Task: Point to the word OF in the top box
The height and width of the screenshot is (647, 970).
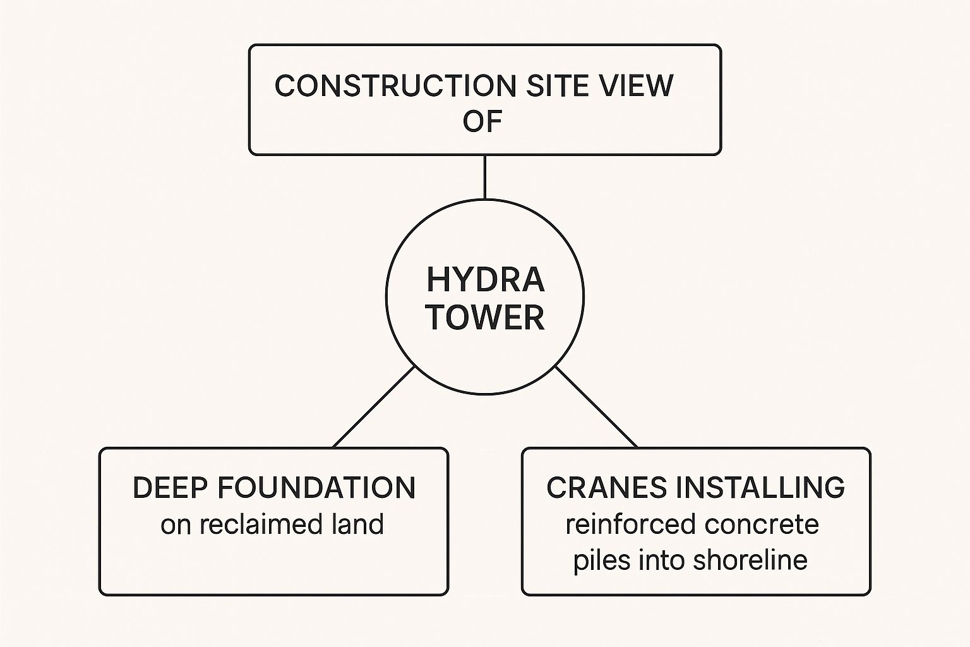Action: [x=482, y=121]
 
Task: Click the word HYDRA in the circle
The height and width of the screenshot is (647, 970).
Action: [x=485, y=280]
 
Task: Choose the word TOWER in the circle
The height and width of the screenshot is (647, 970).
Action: [x=485, y=317]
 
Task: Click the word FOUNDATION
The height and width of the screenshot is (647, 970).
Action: [x=316, y=488]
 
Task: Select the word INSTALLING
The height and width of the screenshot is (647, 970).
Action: [x=760, y=488]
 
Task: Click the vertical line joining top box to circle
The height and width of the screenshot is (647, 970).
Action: [x=484, y=177]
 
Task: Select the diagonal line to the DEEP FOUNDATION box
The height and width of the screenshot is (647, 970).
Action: [x=374, y=406]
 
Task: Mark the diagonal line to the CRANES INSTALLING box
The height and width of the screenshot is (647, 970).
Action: [x=596, y=406]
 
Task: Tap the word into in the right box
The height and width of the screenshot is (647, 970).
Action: [x=663, y=560]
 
